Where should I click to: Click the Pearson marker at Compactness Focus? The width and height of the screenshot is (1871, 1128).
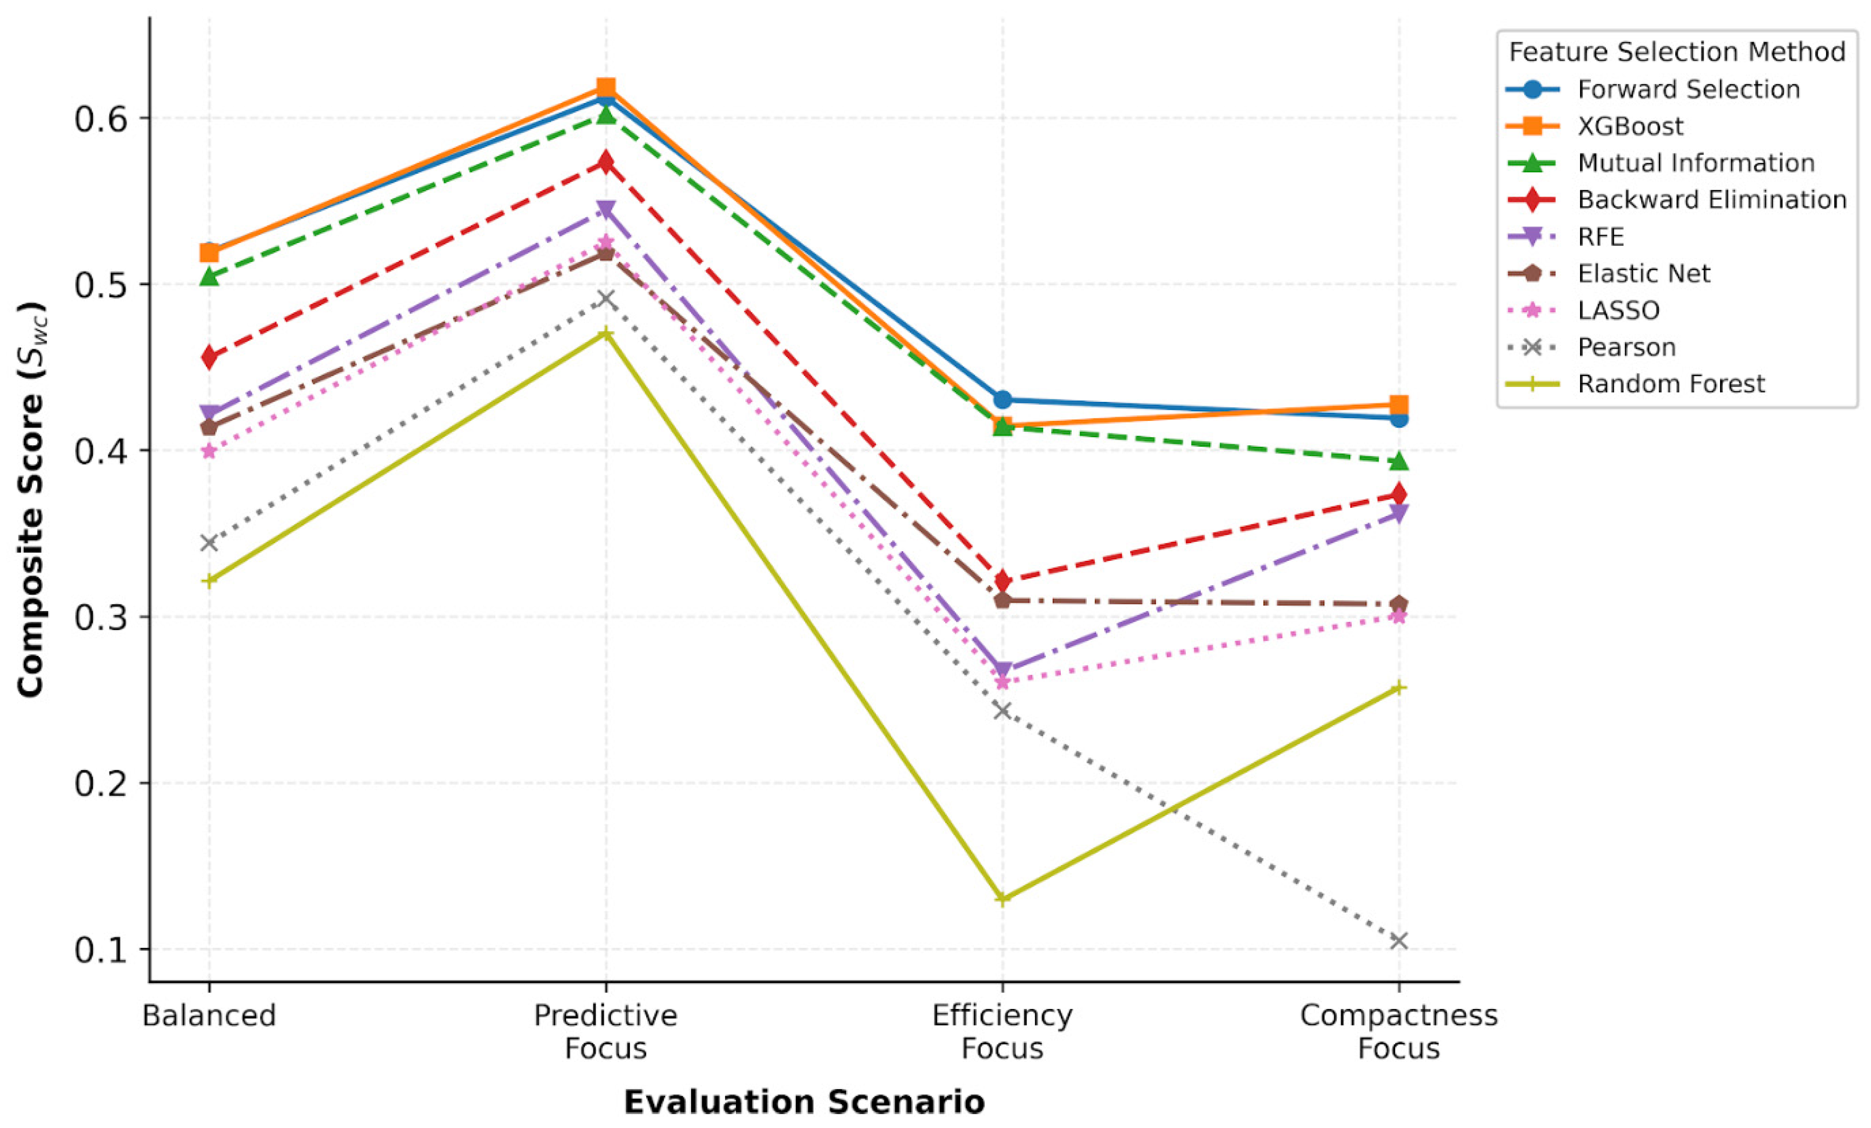(x=1399, y=941)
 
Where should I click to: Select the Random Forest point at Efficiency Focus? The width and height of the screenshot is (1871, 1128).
(x=1003, y=899)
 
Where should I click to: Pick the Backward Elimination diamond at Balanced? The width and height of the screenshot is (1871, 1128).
(x=209, y=357)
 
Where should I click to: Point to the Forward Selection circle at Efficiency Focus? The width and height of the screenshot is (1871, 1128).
(x=1003, y=399)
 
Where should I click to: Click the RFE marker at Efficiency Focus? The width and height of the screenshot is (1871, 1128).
(x=1003, y=671)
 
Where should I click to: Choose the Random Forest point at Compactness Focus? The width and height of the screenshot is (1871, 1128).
(x=1399, y=688)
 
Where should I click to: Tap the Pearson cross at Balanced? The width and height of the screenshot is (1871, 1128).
(x=209, y=543)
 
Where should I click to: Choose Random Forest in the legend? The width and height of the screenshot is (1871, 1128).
(x=1636, y=384)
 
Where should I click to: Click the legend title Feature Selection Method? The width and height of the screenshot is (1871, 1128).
(x=1677, y=52)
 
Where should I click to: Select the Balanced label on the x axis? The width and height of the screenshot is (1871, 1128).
(x=209, y=1015)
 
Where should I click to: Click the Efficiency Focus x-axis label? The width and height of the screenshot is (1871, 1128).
(x=1003, y=1031)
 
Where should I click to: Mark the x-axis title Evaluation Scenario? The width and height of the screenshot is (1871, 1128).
(x=804, y=1102)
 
